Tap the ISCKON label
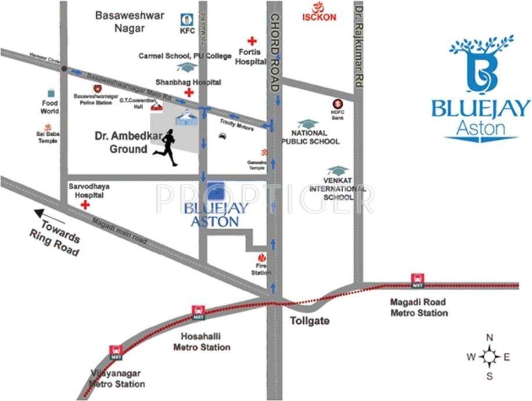pyautogui.click(x=319, y=17)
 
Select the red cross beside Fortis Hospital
pyautogui.click(x=252, y=41)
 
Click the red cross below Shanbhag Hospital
pyautogui.click(x=188, y=93)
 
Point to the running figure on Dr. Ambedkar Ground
pyautogui.click(x=167, y=148)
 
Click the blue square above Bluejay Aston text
pyautogui.click(x=217, y=191)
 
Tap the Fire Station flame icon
pyautogui.click(x=261, y=257)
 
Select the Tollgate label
pyautogui.click(x=310, y=321)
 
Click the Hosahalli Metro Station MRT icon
pyautogui.click(x=199, y=312)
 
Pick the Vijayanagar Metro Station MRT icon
pyautogui.click(x=116, y=351)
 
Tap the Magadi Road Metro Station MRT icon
pyautogui.click(x=416, y=280)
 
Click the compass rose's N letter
pyautogui.click(x=490, y=338)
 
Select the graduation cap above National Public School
pyautogui.click(x=308, y=124)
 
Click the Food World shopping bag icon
pyautogui.click(x=51, y=93)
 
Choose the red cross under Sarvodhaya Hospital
pyautogui.click(x=85, y=205)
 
